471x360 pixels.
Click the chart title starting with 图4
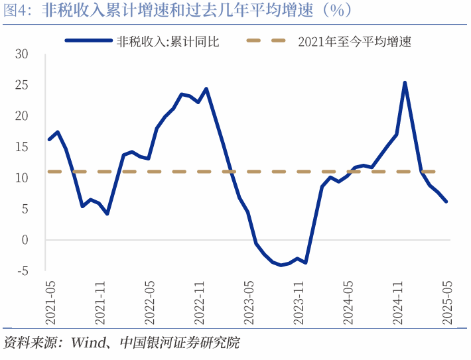pos(178,11)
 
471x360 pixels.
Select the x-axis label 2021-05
pos(50,302)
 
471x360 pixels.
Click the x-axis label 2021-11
pos(100,302)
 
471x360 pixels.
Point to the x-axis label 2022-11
pos(199,302)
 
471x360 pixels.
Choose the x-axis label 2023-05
pos(249,302)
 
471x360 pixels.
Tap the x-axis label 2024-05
pos(348,302)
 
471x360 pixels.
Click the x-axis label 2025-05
pos(448,302)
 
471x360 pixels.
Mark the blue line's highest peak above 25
pos(405,83)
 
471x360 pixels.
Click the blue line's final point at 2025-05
pos(446,202)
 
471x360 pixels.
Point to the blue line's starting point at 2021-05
pos(49,139)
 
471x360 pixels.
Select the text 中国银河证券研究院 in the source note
pos(179,343)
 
